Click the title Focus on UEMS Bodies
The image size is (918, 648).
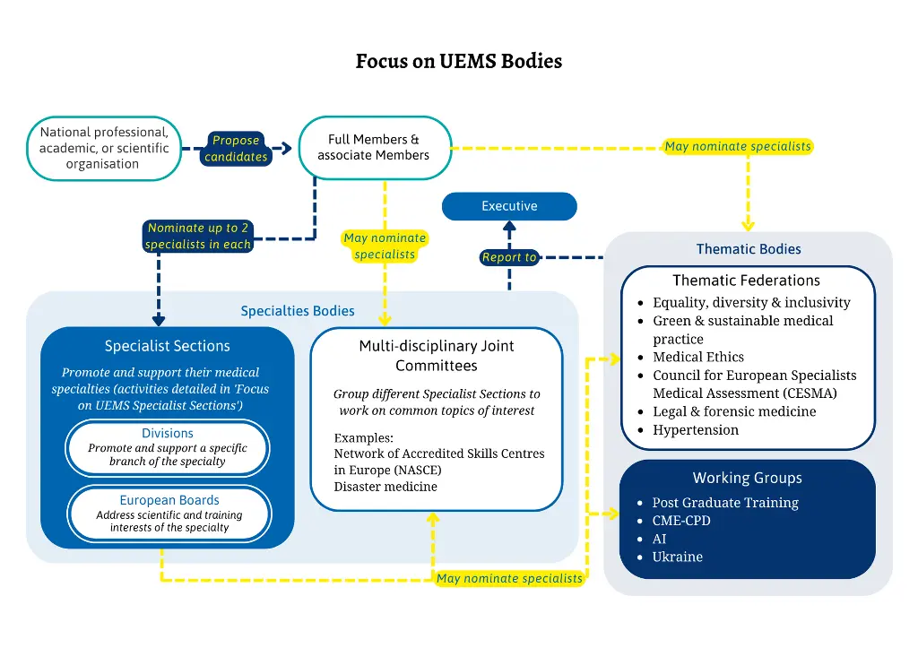click(x=458, y=61)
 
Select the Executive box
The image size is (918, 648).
click(x=509, y=206)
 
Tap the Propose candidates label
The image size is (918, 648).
click(x=236, y=149)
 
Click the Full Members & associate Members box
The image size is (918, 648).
click(x=373, y=148)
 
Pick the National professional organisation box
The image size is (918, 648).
click(x=104, y=148)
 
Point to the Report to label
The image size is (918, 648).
click(x=509, y=257)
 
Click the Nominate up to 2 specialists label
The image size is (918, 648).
click(x=197, y=236)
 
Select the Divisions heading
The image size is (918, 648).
click(x=168, y=434)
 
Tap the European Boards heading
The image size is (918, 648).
click(x=169, y=500)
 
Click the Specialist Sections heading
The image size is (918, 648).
click(x=168, y=346)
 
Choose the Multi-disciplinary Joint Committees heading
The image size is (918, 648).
click(x=437, y=355)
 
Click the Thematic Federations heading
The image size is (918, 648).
click(x=747, y=281)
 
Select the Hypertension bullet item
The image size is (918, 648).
click(x=696, y=430)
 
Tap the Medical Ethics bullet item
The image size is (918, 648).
click(x=698, y=357)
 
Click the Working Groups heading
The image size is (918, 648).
click(x=747, y=478)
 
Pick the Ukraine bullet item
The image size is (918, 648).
click(x=678, y=557)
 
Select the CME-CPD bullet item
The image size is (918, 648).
click(x=681, y=521)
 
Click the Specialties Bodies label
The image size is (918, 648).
click(x=298, y=311)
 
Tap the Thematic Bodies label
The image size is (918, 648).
click(x=749, y=249)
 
